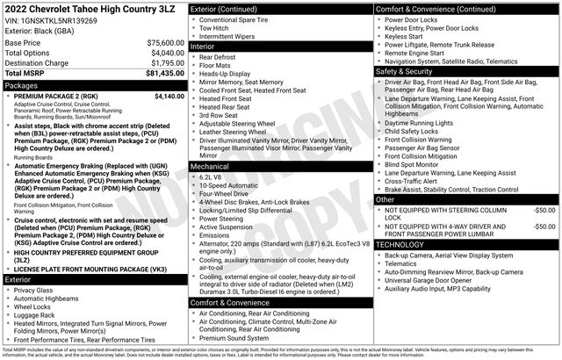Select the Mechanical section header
pyautogui.click(x=210, y=165)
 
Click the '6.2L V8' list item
pyautogui.click(x=213, y=176)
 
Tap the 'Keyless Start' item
pyautogui.click(x=407, y=38)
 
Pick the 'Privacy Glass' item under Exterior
pyautogui.click(x=33, y=290)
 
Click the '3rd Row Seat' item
pyautogui.click(x=220, y=115)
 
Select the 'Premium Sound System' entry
pyautogui.click(x=234, y=337)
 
